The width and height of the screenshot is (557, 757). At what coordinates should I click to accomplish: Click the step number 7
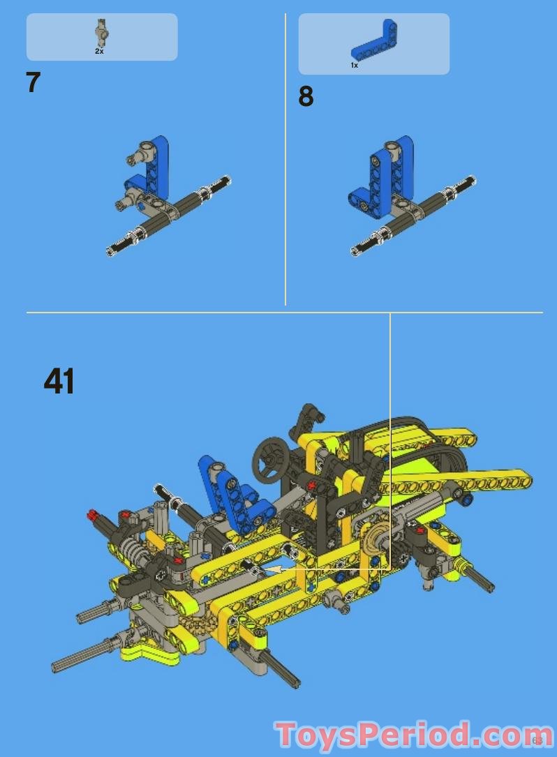(x=33, y=82)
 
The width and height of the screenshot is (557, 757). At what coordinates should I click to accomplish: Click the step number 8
(x=306, y=96)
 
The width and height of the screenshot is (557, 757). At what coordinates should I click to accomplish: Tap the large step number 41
(x=59, y=381)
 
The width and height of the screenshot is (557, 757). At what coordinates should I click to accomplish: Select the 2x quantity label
(x=100, y=52)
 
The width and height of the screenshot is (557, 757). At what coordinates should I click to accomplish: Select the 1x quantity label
(x=355, y=65)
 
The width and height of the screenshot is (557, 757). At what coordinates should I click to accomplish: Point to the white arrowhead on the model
(x=274, y=570)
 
